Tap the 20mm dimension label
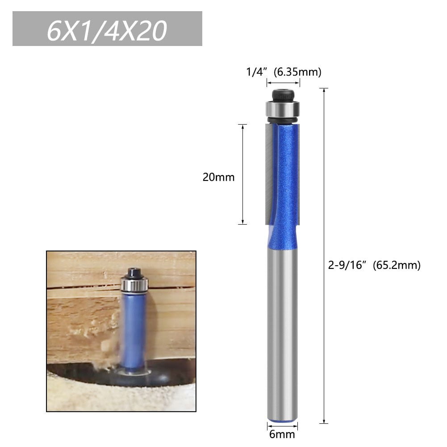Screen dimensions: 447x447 (218, 177)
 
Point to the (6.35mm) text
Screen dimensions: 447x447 (297, 72)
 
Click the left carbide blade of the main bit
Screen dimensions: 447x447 (268, 174)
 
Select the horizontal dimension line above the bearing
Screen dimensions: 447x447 (283, 83)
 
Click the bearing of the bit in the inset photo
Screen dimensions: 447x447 (134, 284)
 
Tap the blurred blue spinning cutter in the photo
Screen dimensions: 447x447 (134, 330)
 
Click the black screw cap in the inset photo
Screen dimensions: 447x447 (134, 272)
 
